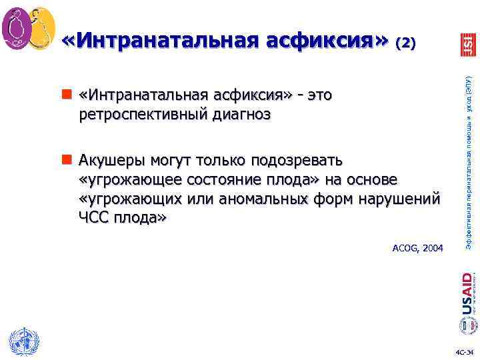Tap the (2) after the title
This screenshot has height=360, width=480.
pyautogui.click(x=406, y=43)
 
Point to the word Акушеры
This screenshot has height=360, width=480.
pyautogui.click(x=112, y=161)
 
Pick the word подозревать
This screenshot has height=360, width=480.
pyautogui.click(x=297, y=161)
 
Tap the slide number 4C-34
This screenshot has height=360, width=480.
pyautogui.click(x=464, y=352)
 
